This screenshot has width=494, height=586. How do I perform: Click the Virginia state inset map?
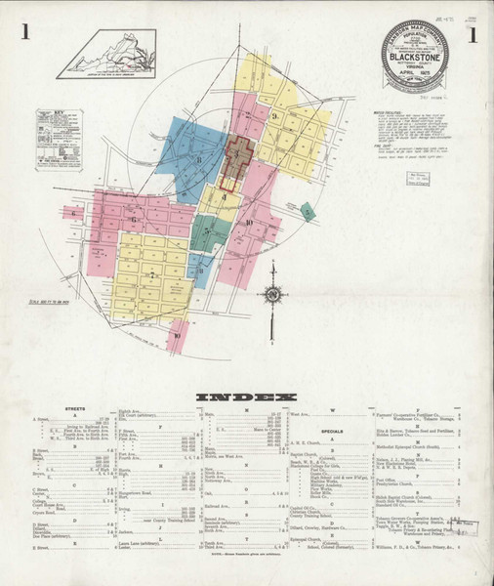(x=101, y=53)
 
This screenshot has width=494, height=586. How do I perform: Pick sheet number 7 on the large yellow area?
(x=152, y=274)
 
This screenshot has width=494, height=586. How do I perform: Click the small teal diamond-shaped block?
(x=309, y=211)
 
